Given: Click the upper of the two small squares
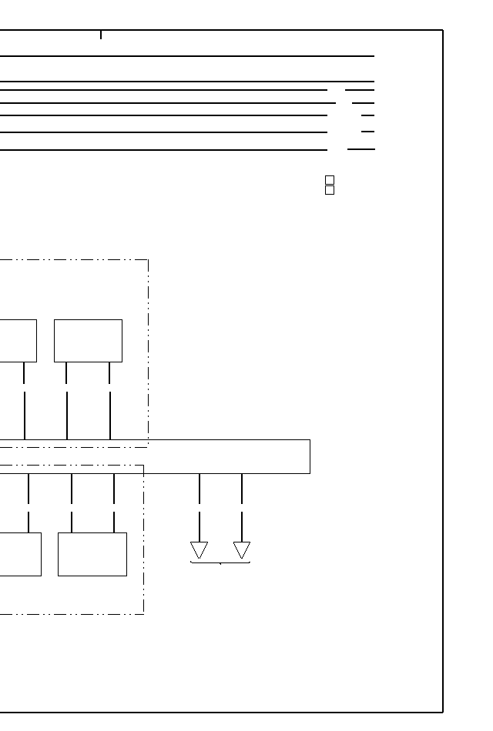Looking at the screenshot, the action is pyautogui.click(x=330, y=180).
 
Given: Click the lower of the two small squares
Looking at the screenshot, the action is pyautogui.click(x=330, y=190).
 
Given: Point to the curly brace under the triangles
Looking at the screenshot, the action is pyautogui.click(x=220, y=563).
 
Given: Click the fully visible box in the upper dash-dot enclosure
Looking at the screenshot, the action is pyautogui.click(x=88, y=340).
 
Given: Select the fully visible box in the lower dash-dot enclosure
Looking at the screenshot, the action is pyautogui.click(x=92, y=554).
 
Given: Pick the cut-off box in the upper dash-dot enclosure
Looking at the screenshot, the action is pyautogui.click(x=18, y=340).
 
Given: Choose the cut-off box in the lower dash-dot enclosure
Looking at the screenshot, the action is pyautogui.click(x=20, y=554).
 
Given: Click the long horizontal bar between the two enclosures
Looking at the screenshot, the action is pyautogui.click(x=231, y=456).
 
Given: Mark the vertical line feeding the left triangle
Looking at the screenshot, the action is pyautogui.click(x=200, y=508).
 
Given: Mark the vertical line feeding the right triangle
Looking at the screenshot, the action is pyautogui.click(x=242, y=508).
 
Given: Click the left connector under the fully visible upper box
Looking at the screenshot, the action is pyautogui.click(x=67, y=400).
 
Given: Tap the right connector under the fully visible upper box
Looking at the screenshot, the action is pyautogui.click(x=109, y=400).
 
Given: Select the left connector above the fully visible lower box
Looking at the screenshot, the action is pyautogui.click(x=72, y=502).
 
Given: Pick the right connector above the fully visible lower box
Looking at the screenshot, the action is pyautogui.click(x=114, y=502).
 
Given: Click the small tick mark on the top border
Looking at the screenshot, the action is pyautogui.click(x=101, y=35).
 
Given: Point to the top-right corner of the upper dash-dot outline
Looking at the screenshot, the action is pyautogui.click(x=148, y=260).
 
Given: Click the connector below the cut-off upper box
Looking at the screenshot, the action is pyautogui.click(x=25, y=400).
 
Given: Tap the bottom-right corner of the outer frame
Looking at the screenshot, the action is pyautogui.click(x=443, y=712).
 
